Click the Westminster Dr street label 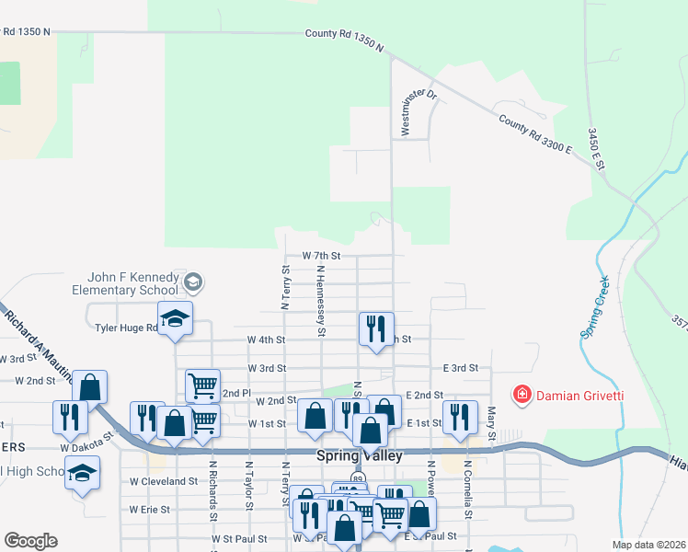[x=406, y=107]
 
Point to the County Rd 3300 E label [x=535, y=134]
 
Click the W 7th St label [x=321, y=255]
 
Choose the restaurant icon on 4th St [x=375, y=329]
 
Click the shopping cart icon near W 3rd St [x=202, y=385]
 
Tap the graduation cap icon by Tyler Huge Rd [x=175, y=318]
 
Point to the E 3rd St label [x=460, y=367]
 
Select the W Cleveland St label [x=163, y=480]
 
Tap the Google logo [x=30, y=541]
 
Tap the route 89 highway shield [x=358, y=478]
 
